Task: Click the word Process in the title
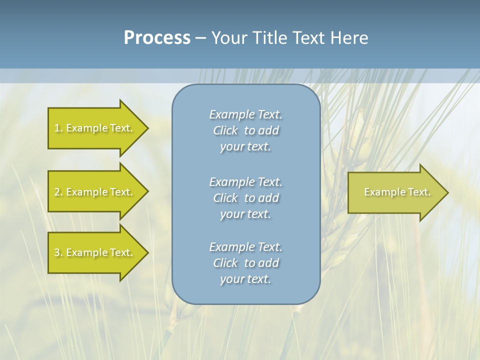click(x=157, y=38)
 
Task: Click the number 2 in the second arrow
click(x=57, y=192)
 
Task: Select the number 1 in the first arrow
click(x=57, y=128)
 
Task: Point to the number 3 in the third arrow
click(x=57, y=252)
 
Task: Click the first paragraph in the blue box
click(x=245, y=130)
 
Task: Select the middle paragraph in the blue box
click(x=245, y=197)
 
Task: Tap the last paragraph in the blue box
click(x=245, y=263)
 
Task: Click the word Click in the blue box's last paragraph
click(x=225, y=263)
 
